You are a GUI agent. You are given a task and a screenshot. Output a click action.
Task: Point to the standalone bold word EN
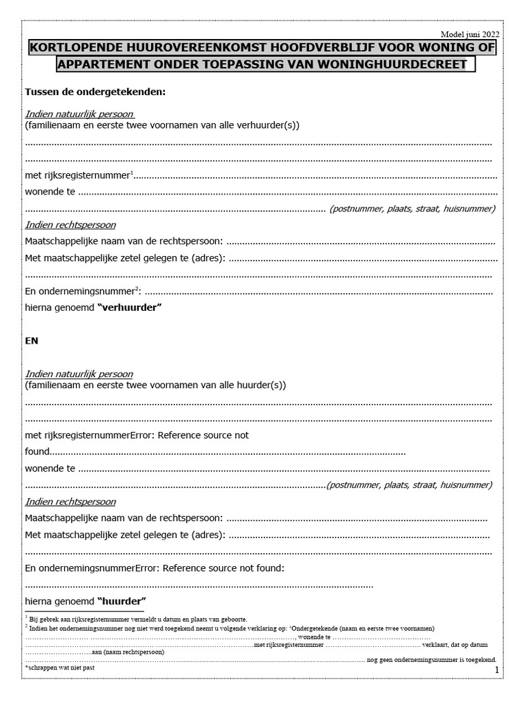(x=31, y=341)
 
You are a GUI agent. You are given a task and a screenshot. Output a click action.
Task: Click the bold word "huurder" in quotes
(x=122, y=601)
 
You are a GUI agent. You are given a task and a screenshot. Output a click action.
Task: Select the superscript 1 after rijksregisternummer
(x=131, y=172)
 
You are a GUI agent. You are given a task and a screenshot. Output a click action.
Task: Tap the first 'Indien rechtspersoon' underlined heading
(x=70, y=225)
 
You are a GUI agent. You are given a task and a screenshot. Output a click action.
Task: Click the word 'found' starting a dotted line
(x=38, y=452)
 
